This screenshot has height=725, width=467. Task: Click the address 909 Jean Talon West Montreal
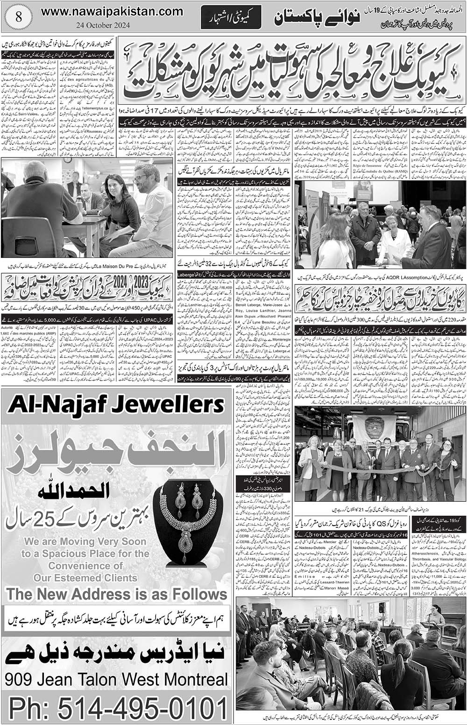(x=117, y=679)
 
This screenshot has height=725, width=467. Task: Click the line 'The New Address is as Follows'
(x=117, y=594)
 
